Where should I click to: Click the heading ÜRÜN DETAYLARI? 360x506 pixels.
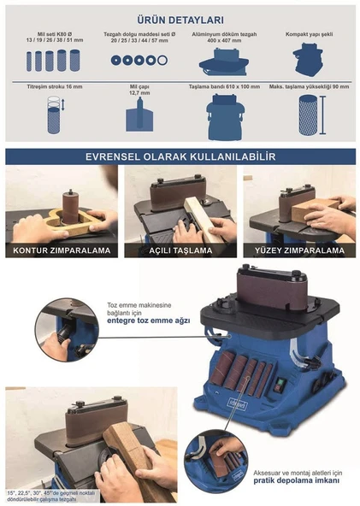[x=180, y=19]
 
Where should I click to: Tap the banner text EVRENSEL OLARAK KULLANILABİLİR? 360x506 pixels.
[x=180, y=157]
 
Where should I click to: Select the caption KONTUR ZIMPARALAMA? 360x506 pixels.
[x=61, y=250]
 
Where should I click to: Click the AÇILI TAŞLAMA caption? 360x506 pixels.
[x=180, y=250]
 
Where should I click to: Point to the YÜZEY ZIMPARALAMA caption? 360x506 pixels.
[x=299, y=250]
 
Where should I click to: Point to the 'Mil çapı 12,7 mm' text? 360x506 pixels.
[x=139, y=90]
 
